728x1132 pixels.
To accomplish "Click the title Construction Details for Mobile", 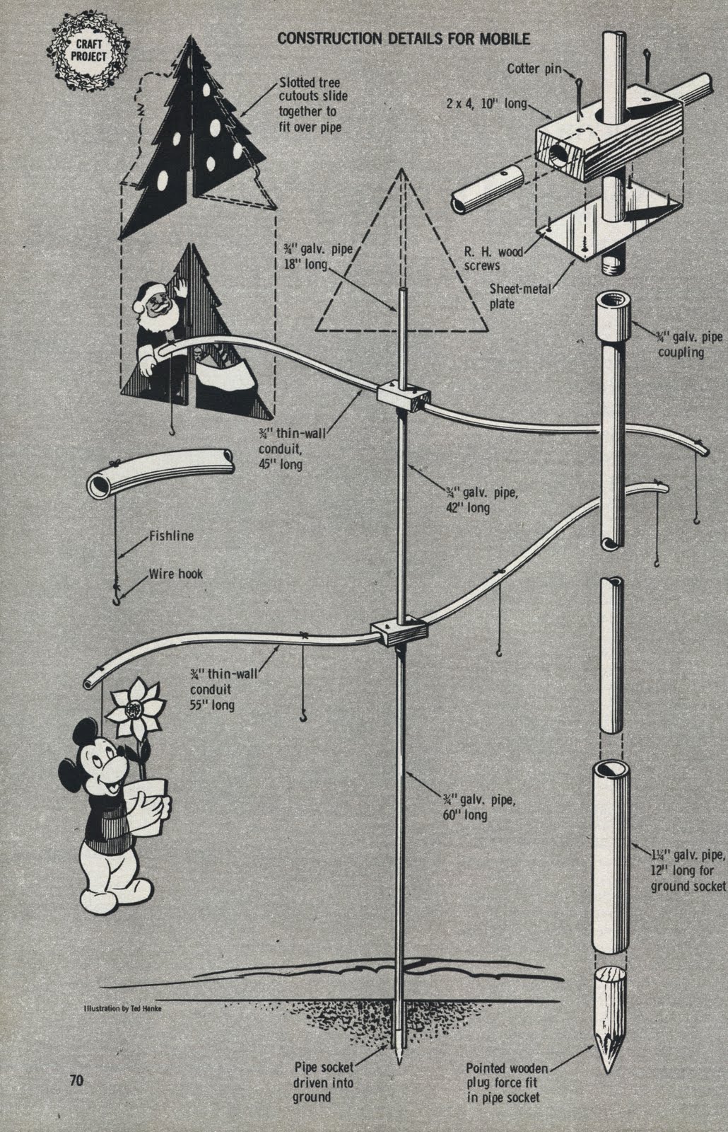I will pyautogui.click(x=403, y=38).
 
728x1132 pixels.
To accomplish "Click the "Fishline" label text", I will pyautogui.click(x=171, y=536).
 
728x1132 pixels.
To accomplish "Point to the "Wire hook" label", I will pyautogui.click(x=175, y=573).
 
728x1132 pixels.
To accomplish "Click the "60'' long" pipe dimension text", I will pyautogui.click(x=465, y=815).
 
